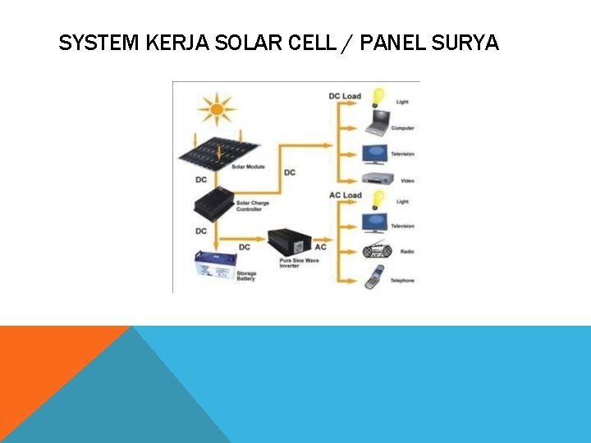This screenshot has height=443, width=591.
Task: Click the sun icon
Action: click(218, 107)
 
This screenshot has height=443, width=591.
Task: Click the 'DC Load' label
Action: click(345, 96)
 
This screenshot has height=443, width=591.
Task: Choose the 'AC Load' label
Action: click(345, 195)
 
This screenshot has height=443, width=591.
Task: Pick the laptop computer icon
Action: click(378, 126)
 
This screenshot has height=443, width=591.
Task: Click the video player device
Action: click(378, 178)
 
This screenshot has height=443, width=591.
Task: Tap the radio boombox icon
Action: click(378, 250)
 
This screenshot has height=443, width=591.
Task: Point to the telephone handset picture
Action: click(375, 276)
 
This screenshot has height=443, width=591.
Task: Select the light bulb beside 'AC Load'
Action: click(378, 199)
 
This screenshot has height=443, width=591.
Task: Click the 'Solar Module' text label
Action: click(247, 167)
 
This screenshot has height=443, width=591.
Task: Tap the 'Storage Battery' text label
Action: click(247, 276)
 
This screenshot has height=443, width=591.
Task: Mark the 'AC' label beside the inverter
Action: click(320, 247)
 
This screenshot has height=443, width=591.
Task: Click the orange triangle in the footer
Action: click(41, 361)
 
